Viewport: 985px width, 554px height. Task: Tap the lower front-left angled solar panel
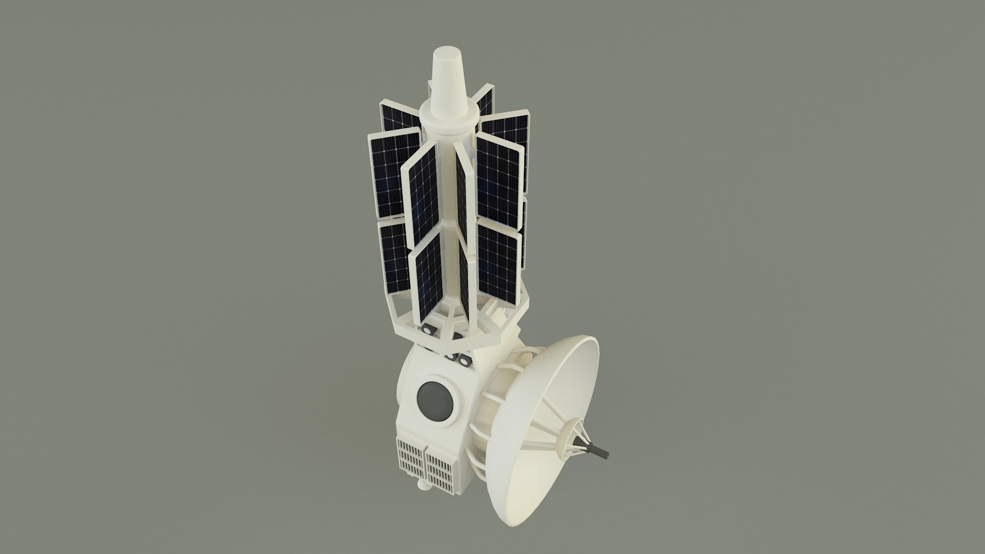[x=427, y=274]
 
